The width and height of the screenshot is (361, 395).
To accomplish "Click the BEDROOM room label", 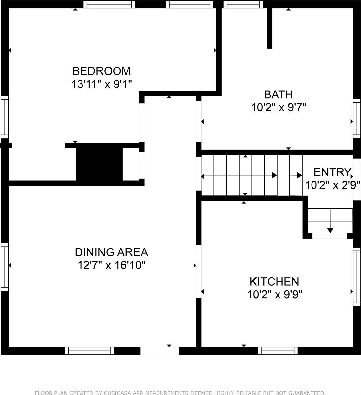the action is coord(102,71).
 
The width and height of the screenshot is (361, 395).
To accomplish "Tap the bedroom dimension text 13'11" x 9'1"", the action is coord(102,84).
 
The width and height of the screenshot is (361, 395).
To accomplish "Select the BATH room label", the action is coord(278,94).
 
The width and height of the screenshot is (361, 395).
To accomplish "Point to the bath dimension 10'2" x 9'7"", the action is coord(279,108).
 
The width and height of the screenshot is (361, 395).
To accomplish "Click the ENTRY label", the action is coord(332,172).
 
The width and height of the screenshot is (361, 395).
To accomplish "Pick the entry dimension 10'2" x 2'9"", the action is coord(333,185).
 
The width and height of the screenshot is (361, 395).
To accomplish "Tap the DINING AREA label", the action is coord(112,252).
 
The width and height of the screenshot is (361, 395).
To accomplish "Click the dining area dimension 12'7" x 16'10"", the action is coord(112,265).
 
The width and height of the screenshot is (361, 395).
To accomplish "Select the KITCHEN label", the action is coord(274,281).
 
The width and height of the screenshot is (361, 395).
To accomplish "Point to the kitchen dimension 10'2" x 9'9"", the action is coord(275,295).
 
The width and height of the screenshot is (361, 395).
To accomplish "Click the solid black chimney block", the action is coord(99,165).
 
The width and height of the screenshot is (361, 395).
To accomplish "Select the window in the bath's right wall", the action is coord(357,118).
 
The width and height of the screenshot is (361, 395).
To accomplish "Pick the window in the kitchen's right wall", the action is coord(357,276).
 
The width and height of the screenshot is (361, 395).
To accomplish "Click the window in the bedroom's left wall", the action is coord(5,118).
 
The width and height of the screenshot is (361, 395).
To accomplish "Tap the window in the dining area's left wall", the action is coord(5,267).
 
